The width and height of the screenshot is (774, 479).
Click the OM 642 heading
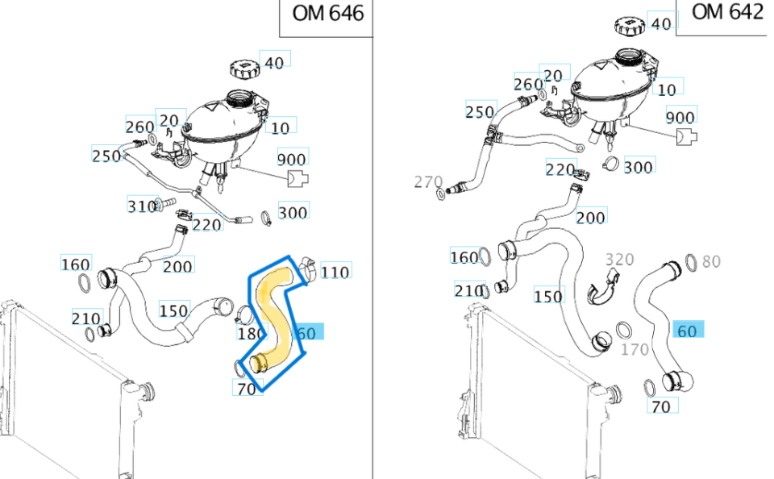pyautogui.click(x=727, y=12)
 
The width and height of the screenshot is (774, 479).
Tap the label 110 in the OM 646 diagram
pyautogui.click(x=335, y=272)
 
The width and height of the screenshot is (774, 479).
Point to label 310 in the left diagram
pyautogui.click(x=141, y=206)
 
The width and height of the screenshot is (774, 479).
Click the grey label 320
pyautogui.click(x=619, y=260)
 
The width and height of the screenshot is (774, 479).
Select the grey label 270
pyautogui.click(x=428, y=182)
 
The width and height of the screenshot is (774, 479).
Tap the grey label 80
pyautogui.click(x=711, y=261)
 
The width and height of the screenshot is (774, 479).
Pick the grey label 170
pyautogui.click(x=635, y=350)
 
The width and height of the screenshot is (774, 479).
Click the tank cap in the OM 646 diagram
pyautogui.click(x=243, y=67)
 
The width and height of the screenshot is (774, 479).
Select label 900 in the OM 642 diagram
pyautogui.click(x=680, y=118)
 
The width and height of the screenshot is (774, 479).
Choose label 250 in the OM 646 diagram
pyautogui.click(x=106, y=156)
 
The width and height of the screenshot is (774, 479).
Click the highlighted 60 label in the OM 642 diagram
pyautogui.click(x=687, y=331)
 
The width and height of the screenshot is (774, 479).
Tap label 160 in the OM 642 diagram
pyautogui.click(x=464, y=257)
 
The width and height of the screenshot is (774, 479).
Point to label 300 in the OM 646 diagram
pyautogui.click(x=293, y=213)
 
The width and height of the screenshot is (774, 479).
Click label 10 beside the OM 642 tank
pyautogui.click(x=667, y=90)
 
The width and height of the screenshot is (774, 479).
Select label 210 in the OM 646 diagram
pyautogui.click(x=85, y=319)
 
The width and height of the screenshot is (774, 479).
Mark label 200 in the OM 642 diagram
pyautogui.click(x=591, y=218)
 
